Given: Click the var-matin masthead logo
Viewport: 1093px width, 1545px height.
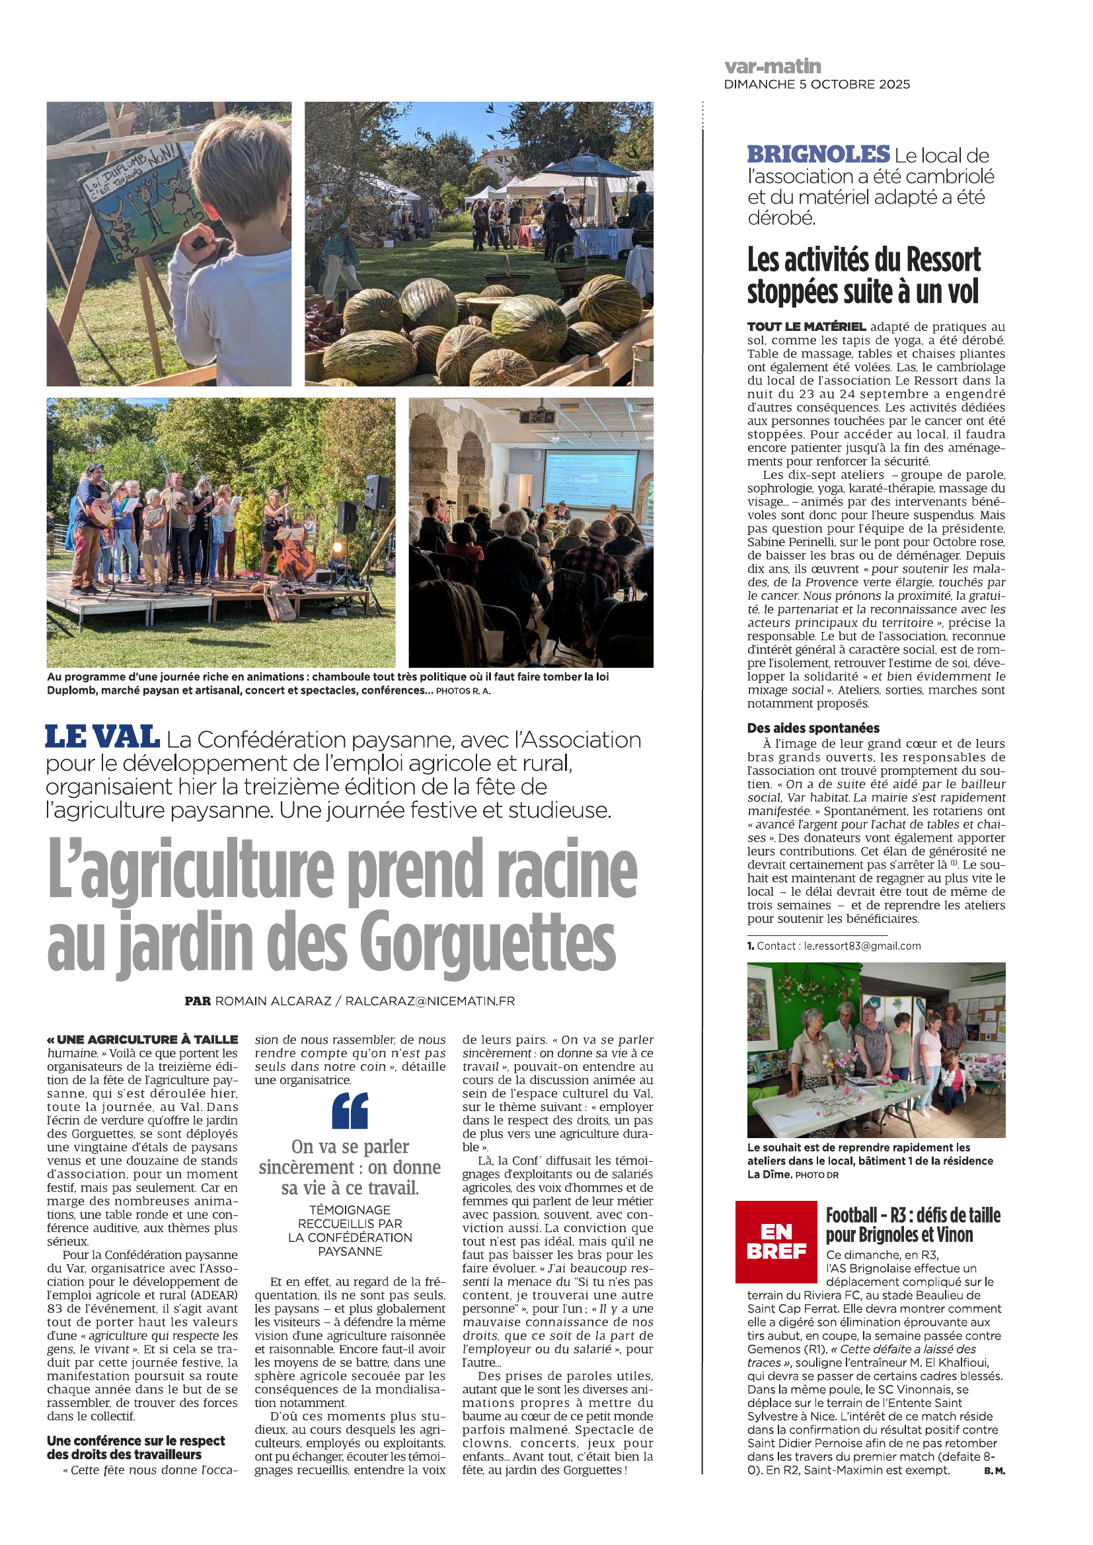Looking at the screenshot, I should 772,66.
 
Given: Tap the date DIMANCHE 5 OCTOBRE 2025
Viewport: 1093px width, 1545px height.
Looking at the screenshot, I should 816,85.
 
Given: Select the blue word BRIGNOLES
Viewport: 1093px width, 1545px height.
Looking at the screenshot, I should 817,155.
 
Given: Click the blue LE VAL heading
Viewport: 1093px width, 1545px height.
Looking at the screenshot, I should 102,738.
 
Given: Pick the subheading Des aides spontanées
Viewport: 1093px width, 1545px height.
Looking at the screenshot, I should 813,728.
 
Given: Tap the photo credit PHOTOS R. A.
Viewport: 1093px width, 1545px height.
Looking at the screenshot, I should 463,691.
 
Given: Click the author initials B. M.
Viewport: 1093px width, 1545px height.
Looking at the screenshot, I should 994,1471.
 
